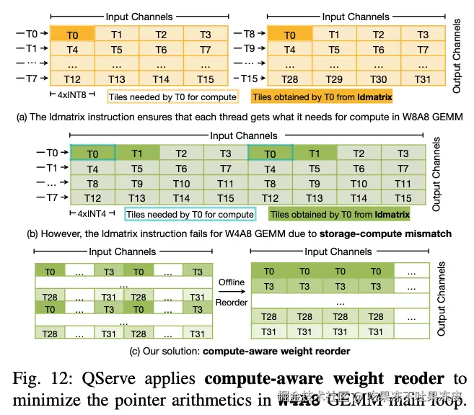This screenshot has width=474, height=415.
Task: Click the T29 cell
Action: pos(333,79)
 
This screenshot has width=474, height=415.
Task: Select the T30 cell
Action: pos(379,79)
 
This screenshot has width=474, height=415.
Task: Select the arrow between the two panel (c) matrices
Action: pos(231,293)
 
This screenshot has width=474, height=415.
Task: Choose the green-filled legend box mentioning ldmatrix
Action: pos(339,214)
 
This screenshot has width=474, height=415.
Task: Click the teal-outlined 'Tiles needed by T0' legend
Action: pos(189,214)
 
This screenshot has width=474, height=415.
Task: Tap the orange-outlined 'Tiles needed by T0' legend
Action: pos(172,95)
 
